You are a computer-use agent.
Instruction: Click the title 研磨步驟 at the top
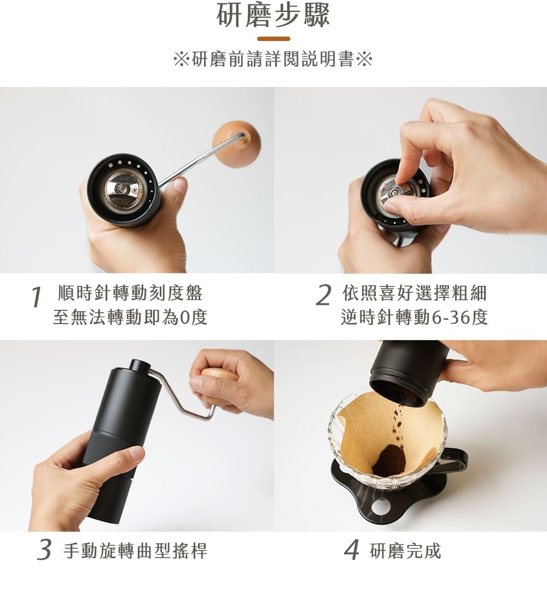click(x=273, y=15)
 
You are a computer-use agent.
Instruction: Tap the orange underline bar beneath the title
click(x=273, y=38)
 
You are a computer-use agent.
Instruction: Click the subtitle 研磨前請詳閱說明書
click(x=273, y=59)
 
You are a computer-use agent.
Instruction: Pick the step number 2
click(x=323, y=295)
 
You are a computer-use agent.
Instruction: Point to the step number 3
click(x=45, y=549)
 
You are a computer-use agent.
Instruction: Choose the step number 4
click(x=352, y=549)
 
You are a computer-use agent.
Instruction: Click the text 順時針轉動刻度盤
click(x=130, y=293)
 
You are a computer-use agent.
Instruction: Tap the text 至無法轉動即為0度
click(x=130, y=317)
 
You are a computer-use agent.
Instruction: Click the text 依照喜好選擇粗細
click(x=415, y=293)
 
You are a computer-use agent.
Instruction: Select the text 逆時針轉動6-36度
click(x=415, y=317)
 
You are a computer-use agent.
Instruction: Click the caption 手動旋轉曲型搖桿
click(x=136, y=550)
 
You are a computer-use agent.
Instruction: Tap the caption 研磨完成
click(x=405, y=550)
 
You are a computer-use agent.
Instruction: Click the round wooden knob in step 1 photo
click(x=237, y=144)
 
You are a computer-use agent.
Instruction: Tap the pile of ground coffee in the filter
click(x=388, y=460)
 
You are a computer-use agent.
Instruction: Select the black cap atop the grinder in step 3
click(x=140, y=366)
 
